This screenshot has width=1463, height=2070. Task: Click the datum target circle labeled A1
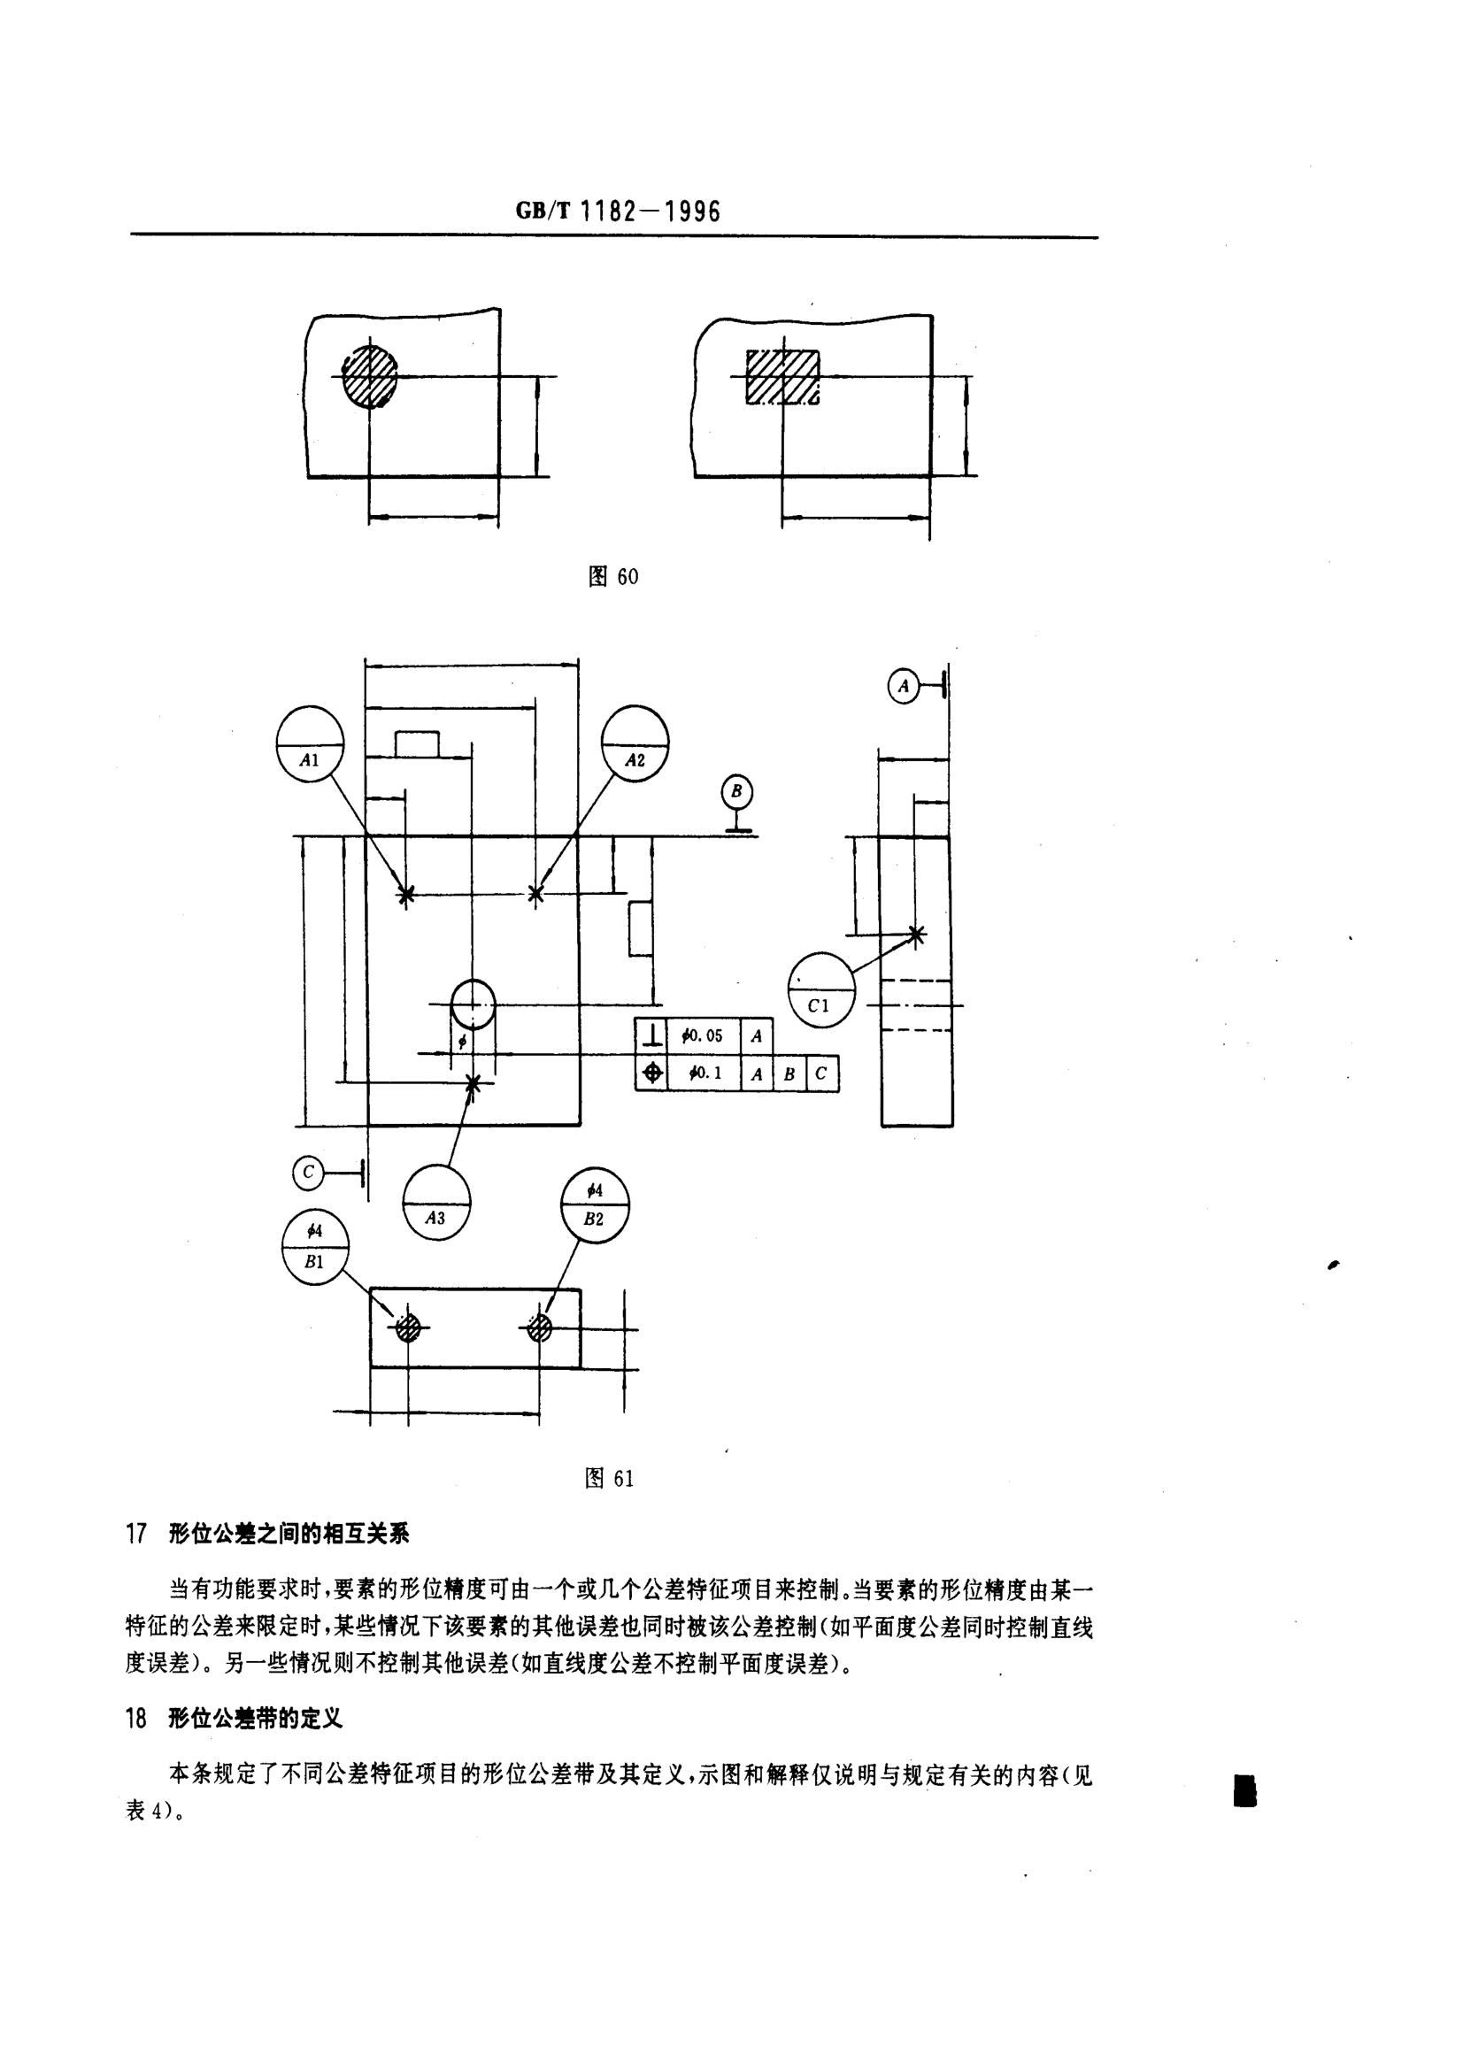coord(310,744)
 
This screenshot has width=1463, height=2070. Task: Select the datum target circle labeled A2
coord(635,744)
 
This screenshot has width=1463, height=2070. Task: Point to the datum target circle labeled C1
coord(820,990)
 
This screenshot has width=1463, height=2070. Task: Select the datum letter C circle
coord(308,1172)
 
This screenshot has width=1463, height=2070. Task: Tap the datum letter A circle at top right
coord(904,686)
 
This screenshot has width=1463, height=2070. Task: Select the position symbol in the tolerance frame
coord(651,1073)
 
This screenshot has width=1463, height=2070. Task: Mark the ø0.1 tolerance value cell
coord(704,1073)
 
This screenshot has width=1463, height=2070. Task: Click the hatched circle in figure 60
coord(370,376)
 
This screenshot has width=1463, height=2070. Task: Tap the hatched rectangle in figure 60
coord(782,377)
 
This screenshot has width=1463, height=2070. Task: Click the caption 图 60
coord(613,576)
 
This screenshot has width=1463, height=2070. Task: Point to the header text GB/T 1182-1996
coord(619,212)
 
